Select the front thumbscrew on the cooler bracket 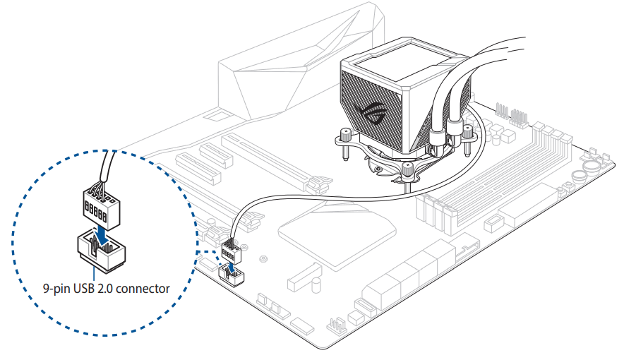pos(409,169)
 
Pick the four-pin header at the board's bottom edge pos(336,325)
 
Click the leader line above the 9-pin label pos(94,275)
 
